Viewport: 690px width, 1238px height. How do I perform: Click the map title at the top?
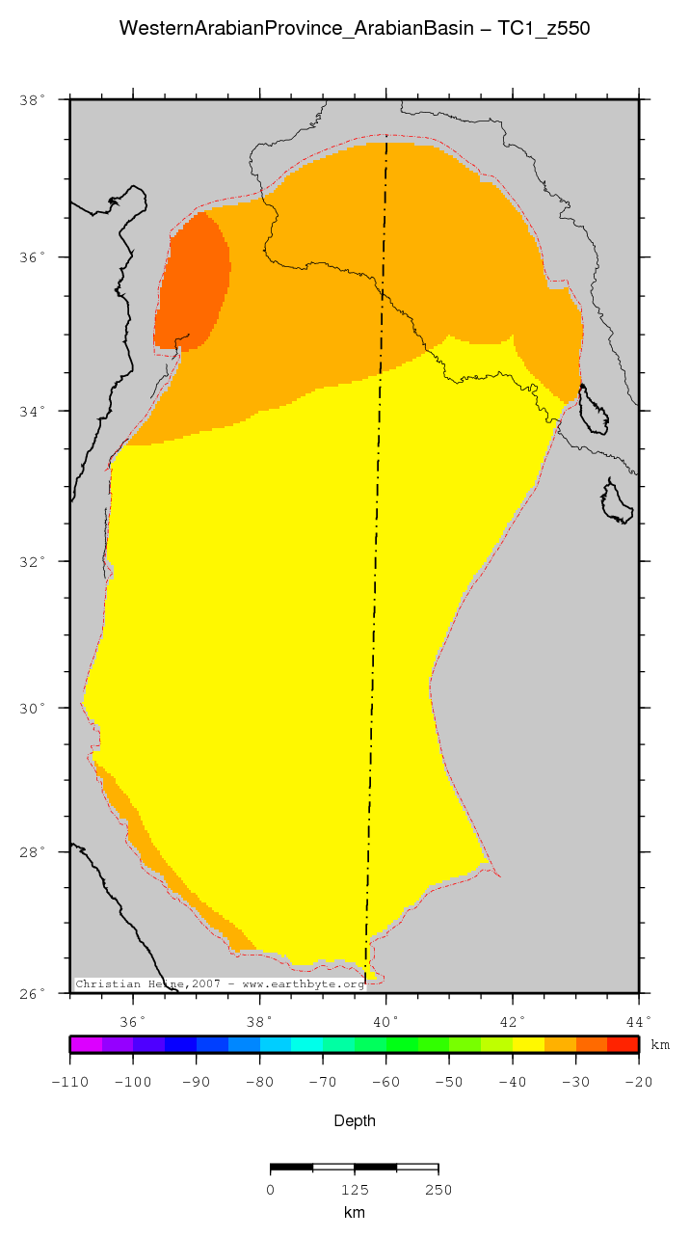(354, 29)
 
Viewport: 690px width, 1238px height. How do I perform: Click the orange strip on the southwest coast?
(154, 848)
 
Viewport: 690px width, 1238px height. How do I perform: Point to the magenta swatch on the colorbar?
(86, 1044)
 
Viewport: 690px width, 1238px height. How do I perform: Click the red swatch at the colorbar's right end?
(623, 1044)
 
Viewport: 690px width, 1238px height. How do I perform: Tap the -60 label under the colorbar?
(385, 1082)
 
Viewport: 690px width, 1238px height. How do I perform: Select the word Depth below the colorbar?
(354, 1120)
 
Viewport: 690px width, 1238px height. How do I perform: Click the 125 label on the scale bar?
(355, 1190)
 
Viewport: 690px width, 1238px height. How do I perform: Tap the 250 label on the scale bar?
(438, 1190)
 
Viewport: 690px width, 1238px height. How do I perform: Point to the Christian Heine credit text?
(220, 984)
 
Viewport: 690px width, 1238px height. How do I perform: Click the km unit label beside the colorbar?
(660, 1045)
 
